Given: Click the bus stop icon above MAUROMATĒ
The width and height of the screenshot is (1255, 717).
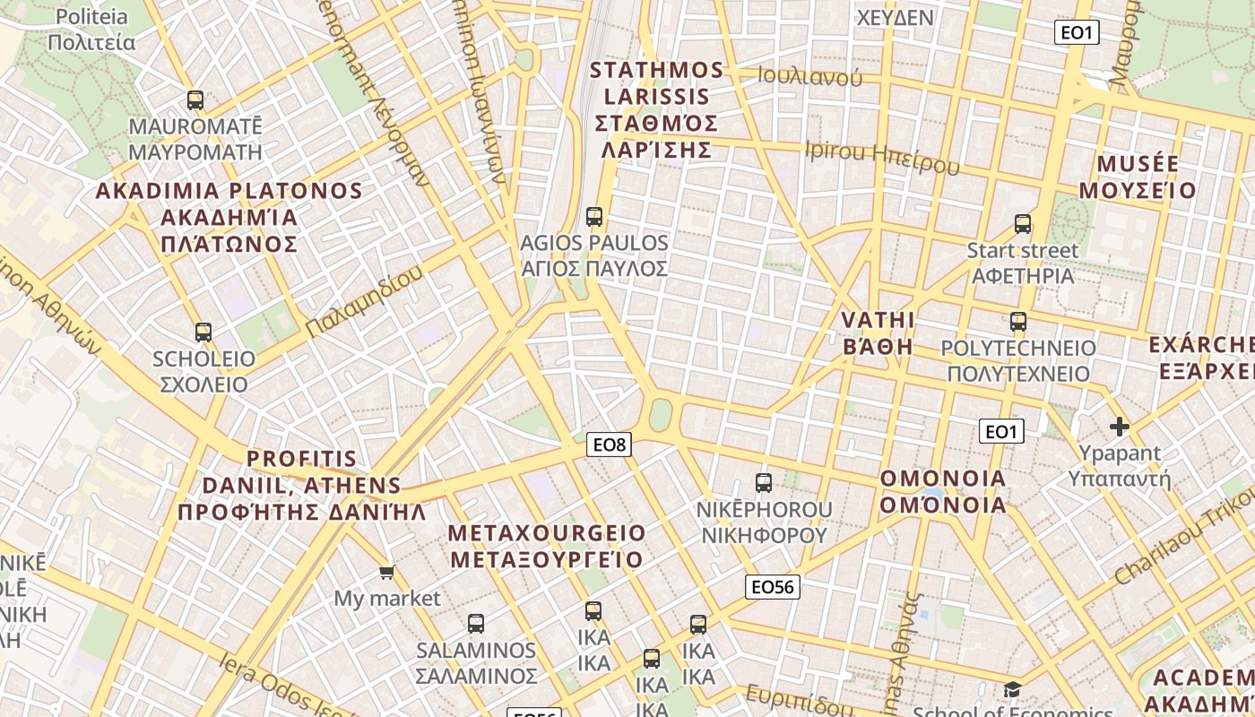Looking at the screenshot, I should [195, 100].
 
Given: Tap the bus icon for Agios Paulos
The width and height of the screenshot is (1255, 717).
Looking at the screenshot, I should [594, 217].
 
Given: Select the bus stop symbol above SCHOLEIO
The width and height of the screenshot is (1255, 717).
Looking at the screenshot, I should [203, 333].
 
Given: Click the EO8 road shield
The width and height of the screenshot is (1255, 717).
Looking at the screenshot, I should [610, 444].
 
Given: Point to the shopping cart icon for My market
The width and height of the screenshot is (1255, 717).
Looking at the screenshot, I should [386, 572].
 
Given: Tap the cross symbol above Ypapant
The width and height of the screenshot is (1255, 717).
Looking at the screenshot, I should [1119, 427].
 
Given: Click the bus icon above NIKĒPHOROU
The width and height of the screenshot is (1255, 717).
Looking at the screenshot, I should [764, 483].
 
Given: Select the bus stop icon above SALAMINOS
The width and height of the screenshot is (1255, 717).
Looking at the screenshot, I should [476, 623].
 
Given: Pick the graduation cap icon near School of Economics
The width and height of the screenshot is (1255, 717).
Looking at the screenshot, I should [1012, 689].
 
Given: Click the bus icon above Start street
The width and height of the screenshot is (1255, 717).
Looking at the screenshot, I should [1023, 224].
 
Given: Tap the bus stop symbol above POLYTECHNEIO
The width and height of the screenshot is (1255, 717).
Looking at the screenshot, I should [1017, 322].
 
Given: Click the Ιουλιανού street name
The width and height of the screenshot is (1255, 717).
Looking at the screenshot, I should [809, 77].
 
